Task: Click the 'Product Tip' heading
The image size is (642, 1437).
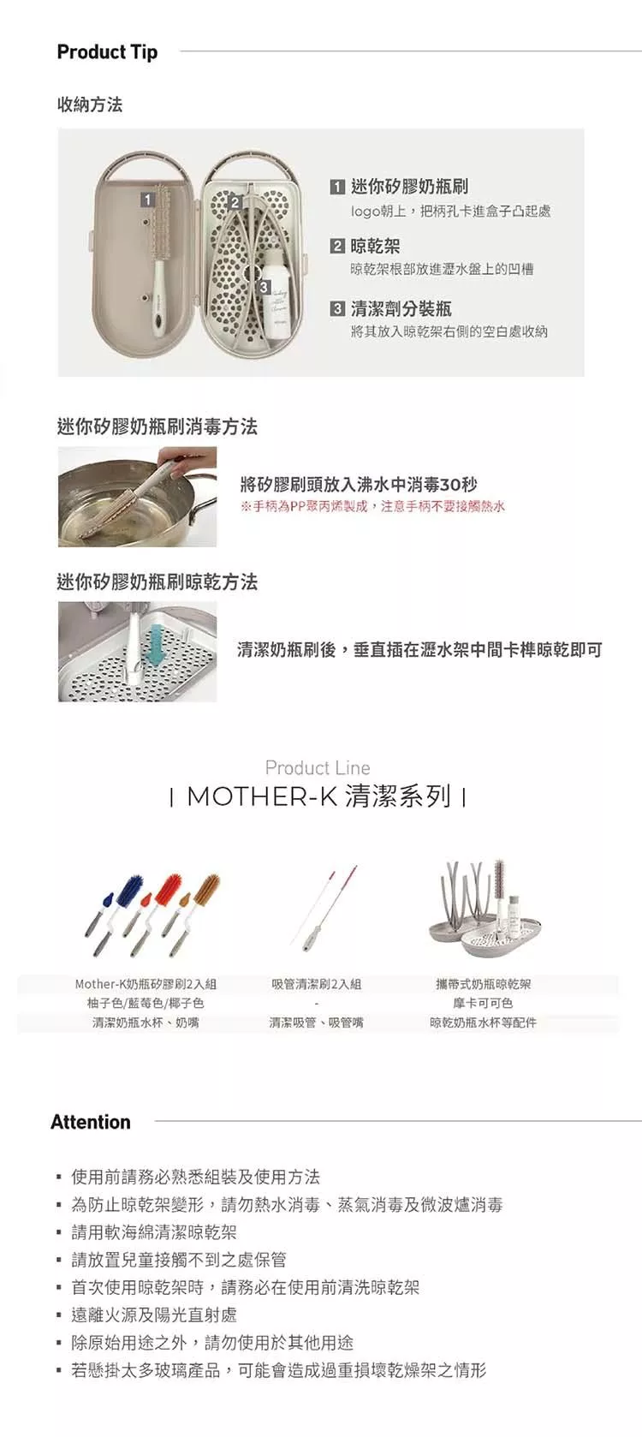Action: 107,52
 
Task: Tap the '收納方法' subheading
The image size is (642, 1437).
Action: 90,104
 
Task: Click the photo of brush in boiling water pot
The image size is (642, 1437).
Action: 137,498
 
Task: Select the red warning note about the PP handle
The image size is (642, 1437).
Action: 372,507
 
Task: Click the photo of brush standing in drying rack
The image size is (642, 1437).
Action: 137,652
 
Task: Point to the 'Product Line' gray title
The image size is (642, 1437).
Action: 318,768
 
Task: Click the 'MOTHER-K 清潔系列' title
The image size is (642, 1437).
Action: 318,797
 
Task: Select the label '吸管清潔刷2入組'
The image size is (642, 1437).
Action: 316,984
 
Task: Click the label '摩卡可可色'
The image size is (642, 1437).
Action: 483,1004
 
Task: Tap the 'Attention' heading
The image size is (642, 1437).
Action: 91,1122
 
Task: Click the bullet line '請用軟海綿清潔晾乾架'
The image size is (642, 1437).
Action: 154,1232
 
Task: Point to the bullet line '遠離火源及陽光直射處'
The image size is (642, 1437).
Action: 154,1315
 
